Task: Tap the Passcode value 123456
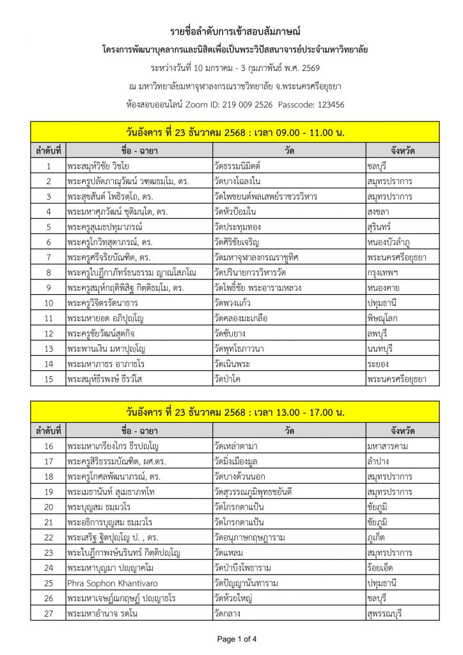click(327, 104)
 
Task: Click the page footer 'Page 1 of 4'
click(237, 638)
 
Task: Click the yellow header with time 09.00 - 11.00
click(235, 133)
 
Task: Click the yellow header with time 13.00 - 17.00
click(235, 412)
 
